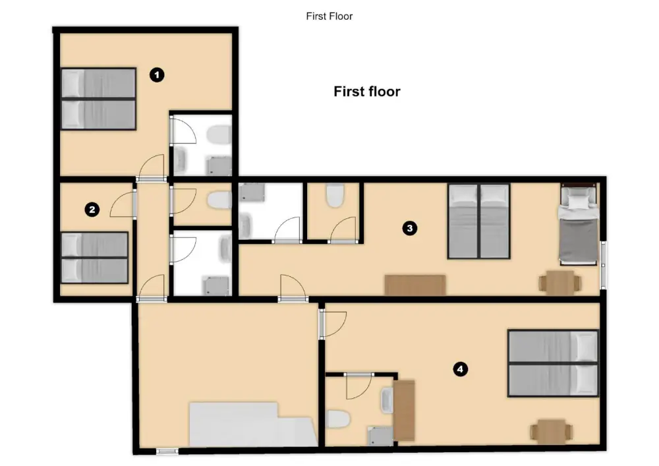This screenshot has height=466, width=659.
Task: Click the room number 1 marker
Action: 158,75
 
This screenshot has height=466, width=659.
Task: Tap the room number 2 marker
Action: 92,209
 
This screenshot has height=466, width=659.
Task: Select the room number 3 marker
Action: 410,229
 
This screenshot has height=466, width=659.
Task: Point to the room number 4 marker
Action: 461,369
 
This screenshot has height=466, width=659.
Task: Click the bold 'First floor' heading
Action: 367,92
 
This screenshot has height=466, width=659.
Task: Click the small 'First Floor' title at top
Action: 329,16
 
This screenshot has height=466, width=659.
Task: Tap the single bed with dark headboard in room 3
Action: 579,224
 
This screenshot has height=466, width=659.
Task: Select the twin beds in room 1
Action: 98,98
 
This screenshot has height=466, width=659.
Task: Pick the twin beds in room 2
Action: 94,258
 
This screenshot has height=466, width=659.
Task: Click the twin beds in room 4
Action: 553,363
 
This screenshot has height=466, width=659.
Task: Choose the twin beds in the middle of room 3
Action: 479,221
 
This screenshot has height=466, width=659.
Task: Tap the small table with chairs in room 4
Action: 552,431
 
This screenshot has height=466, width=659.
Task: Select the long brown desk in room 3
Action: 415,285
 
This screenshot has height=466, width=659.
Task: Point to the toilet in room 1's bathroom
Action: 219,134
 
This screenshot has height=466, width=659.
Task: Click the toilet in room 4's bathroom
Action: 338,419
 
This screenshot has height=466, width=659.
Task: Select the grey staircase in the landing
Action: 253,424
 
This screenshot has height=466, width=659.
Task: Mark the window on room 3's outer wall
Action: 604,265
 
